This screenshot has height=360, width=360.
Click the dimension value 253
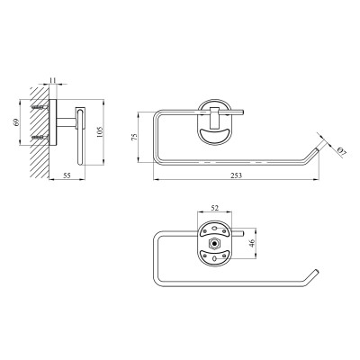pos(236,175)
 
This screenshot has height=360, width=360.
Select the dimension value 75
pos(135,137)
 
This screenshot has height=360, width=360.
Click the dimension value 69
pos(16,121)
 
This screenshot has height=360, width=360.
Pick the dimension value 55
pos(67,175)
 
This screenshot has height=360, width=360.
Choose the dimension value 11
pos(53,80)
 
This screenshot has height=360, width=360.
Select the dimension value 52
pos(214,208)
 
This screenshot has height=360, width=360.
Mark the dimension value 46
pos(252,243)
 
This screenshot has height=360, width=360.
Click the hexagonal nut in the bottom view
pos(214,243)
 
